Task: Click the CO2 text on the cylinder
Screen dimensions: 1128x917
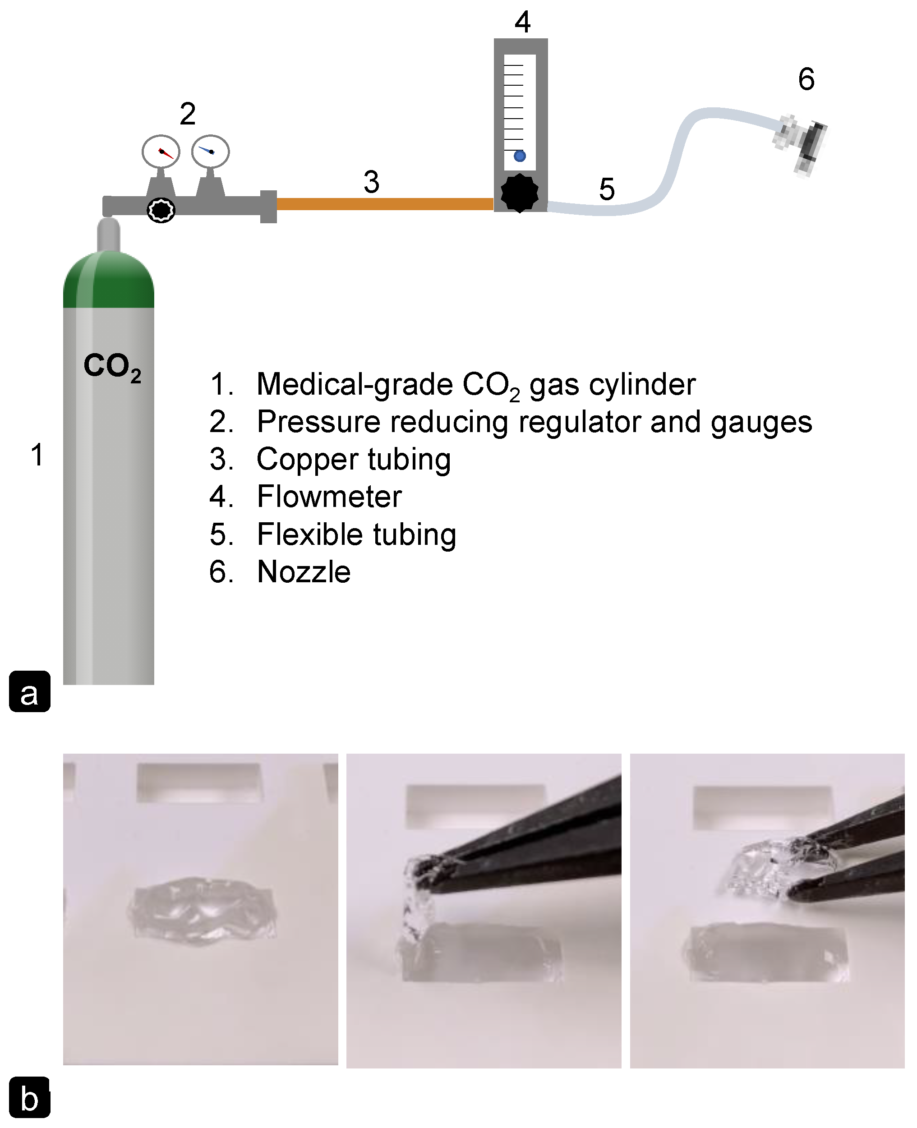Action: coord(112,367)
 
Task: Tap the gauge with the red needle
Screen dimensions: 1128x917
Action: coord(161,152)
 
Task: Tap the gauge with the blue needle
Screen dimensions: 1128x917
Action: coord(210,152)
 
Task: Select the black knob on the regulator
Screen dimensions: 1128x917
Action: coord(161,210)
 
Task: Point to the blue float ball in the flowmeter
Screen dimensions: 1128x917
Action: coord(520,156)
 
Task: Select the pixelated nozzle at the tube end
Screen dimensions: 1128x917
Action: coord(801,140)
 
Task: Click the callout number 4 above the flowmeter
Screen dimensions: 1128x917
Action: coord(522,23)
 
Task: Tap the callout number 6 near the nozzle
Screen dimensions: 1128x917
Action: coord(806,80)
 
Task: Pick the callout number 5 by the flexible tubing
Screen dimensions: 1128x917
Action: coord(607,189)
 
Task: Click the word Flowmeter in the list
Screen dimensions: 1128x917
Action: coord(329,497)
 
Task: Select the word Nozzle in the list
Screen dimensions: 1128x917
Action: coord(304,572)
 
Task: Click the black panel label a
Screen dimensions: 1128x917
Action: coord(30,692)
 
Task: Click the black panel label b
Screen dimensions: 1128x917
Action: coord(30,1098)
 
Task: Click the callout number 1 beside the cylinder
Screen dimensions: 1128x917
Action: coord(37,455)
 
